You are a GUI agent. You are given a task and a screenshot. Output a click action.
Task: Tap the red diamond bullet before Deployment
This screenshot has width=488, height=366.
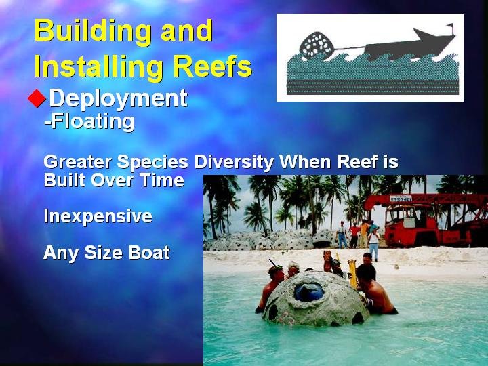point(37,98)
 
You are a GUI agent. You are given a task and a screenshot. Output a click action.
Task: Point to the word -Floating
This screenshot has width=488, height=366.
point(89,121)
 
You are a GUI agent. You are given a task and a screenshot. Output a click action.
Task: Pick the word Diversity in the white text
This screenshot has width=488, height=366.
point(234,163)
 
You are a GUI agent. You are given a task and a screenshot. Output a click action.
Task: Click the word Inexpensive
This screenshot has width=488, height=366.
point(98,217)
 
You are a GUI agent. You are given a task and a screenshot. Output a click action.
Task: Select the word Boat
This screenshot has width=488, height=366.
point(149,252)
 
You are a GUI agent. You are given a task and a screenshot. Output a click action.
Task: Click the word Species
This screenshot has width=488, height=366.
point(152,163)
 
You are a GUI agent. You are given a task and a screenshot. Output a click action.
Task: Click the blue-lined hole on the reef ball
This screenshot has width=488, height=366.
point(309,291)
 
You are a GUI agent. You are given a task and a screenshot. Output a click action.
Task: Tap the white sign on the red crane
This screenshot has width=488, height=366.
point(401,199)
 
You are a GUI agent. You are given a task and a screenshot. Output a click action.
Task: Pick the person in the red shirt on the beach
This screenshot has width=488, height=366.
point(354,235)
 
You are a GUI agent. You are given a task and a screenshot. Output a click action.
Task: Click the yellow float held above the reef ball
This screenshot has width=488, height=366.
point(352,273)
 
